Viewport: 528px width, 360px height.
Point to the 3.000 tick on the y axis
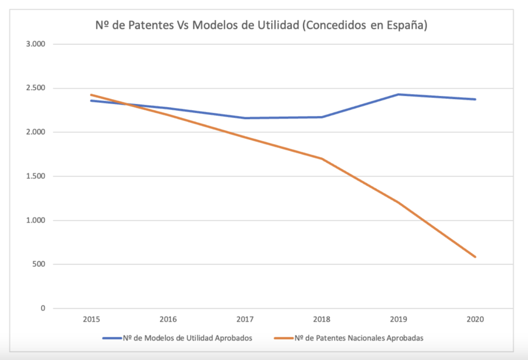click(x=36, y=44)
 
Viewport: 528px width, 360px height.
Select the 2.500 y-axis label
click(x=36, y=88)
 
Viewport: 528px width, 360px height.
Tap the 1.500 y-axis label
click(x=36, y=176)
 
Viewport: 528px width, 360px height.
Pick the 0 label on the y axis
click(x=43, y=308)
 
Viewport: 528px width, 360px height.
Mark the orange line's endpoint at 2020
click(x=475, y=257)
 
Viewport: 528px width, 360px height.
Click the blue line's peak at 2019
click(x=398, y=94)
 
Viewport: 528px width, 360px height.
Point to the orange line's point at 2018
click(x=321, y=158)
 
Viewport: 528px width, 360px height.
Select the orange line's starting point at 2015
click(x=91, y=95)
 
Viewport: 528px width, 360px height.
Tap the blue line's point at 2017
click(x=244, y=118)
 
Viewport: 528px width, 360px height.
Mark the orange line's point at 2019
click(x=398, y=202)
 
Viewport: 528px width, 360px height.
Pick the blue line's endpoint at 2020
click(x=475, y=99)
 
